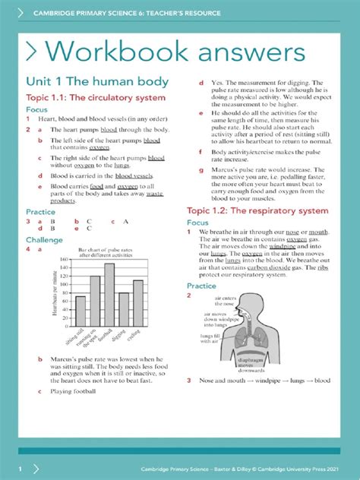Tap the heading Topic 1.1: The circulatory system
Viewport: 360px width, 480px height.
click(95, 98)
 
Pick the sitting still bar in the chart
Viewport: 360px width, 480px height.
click(81, 311)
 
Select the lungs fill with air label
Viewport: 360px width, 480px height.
click(214, 339)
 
